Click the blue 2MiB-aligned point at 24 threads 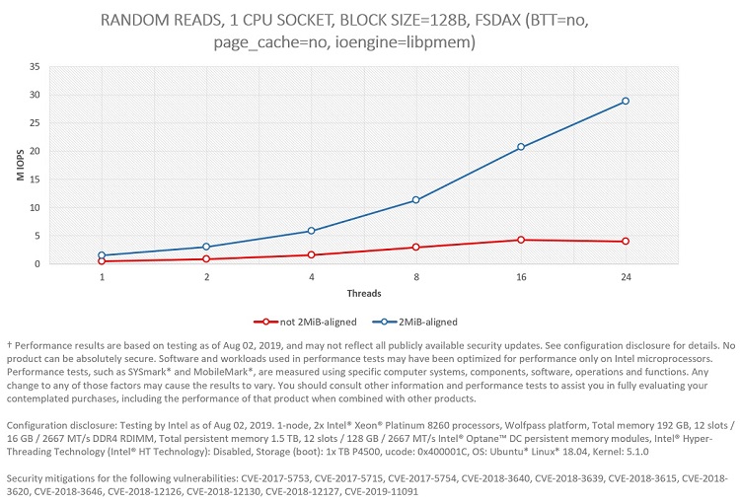pyautogui.click(x=626, y=102)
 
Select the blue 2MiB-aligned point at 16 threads pyautogui.click(x=521, y=147)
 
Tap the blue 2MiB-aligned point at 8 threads pyautogui.click(x=416, y=200)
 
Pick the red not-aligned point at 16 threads pyautogui.click(x=521, y=240)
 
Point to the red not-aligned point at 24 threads pyautogui.click(x=626, y=242)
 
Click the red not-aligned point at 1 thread pyautogui.click(x=102, y=261)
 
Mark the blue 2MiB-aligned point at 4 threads pyautogui.click(x=312, y=231)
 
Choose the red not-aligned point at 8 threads pyautogui.click(x=416, y=248)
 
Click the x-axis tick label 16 pyautogui.click(x=521, y=278)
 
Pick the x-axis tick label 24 pyautogui.click(x=626, y=278)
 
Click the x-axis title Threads pyautogui.click(x=363, y=294)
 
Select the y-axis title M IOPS pyautogui.click(x=16, y=166)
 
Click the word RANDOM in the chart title pyautogui.click(x=130, y=20)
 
